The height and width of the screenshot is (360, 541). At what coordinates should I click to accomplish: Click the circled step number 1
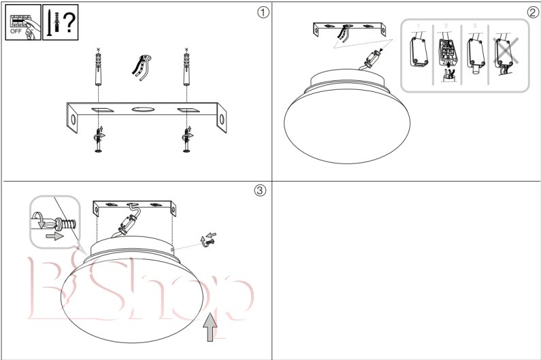coord(263,12)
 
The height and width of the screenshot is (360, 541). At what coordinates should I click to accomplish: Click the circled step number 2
coord(533,12)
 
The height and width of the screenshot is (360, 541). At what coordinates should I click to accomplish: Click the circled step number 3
coord(261,190)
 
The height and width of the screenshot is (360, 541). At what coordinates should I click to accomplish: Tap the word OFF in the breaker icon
coord(16,31)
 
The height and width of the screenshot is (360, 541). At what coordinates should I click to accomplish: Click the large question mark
coord(69,22)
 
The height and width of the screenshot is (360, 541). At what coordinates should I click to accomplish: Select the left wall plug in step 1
coord(99,69)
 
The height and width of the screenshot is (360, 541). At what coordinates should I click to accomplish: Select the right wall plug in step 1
coord(186,69)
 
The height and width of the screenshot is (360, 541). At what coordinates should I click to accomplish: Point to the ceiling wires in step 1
coord(142,67)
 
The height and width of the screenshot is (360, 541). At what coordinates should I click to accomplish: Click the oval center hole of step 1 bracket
coord(142,110)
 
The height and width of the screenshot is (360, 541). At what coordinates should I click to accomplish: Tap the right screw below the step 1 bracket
coord(187,140)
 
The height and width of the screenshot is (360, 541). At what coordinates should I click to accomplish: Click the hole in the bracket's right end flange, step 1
coord(222,119)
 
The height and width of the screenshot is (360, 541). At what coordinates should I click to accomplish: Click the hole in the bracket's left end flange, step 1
coord(73,120)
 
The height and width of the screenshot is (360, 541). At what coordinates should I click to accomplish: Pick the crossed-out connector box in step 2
coord(505,54)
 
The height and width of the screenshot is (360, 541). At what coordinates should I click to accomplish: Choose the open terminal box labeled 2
coord(448,58)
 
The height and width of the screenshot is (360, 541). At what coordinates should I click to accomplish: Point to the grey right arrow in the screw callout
coord(54,236)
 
